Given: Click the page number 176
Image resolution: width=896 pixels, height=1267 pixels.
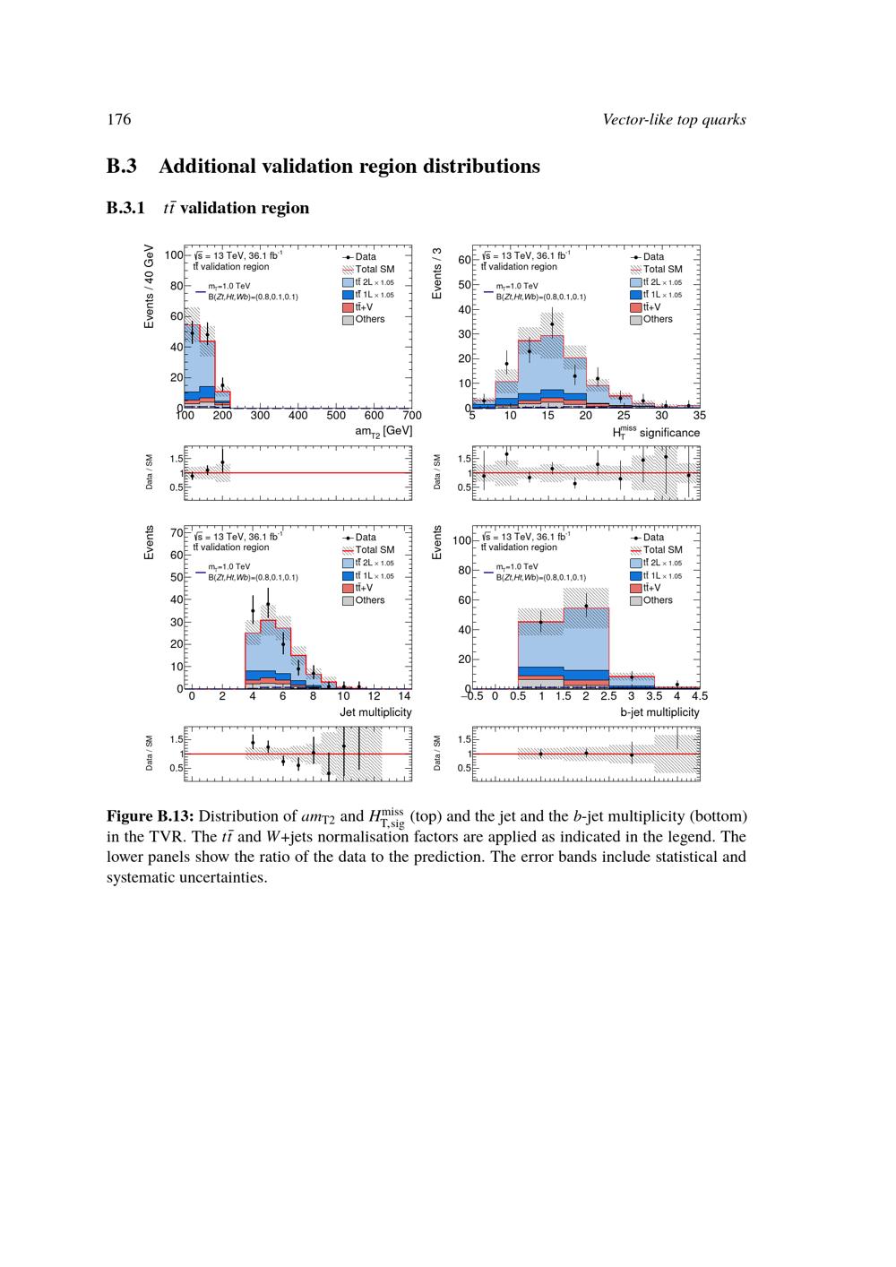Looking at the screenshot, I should coord(118,119).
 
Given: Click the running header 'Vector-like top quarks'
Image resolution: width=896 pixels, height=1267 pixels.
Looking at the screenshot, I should coord(674,119).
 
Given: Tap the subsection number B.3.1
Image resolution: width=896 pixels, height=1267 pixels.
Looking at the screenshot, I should coord(125,208).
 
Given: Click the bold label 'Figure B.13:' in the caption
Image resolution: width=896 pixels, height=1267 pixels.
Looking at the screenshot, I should coord(150,816).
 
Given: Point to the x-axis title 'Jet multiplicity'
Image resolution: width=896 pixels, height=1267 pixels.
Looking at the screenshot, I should coord(375,712).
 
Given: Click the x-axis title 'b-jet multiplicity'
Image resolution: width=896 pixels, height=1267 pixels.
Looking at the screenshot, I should coord(659,712).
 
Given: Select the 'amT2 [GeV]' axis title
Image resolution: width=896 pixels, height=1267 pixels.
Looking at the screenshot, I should coord(383,431).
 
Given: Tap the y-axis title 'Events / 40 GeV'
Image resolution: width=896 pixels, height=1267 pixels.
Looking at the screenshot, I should coord(150,287).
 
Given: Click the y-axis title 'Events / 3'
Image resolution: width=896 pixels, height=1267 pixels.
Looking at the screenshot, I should coord(437,273).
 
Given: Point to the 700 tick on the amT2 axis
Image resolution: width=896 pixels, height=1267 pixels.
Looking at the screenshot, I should coord(411,416).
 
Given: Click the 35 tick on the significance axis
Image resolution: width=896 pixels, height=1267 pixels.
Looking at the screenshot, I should coord(699,416).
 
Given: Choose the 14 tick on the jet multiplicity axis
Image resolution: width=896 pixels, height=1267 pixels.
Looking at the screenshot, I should coord(404,696).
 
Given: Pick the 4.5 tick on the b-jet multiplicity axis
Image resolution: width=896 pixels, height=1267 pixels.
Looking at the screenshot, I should coord(699,696).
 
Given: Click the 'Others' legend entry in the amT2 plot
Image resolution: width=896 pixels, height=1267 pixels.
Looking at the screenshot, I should coord(369,319).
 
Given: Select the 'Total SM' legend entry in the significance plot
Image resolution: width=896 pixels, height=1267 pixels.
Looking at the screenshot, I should coord(662,269).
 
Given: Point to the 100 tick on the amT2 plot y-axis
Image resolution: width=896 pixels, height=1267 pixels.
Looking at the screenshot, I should coord(173,254).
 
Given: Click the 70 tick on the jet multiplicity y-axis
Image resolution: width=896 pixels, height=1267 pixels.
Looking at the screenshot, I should coord(176,532).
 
